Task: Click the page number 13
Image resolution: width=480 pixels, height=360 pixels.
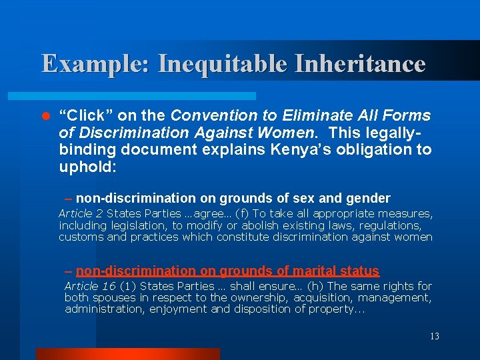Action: [434, 337]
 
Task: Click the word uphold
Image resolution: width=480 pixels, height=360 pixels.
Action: [87, 167]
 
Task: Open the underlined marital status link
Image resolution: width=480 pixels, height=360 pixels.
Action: [227, 271]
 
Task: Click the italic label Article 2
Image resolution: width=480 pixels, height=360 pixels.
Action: [81, 213]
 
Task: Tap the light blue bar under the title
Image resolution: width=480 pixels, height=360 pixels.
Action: [147, 96]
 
